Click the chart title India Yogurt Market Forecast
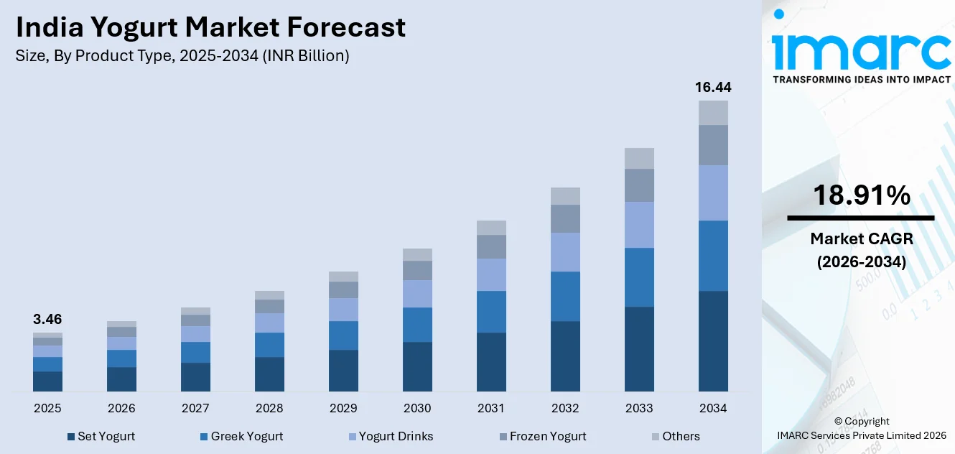click(x=210, y=27)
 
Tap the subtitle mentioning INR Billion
click(x=182, y=56)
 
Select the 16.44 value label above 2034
click(x=713, y=87)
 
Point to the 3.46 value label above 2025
click(x=47, y=319)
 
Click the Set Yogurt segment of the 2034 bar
click(x=713, y=341)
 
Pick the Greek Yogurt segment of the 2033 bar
click(x=639, y=277)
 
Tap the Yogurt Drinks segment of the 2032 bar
click(x=565, y=252)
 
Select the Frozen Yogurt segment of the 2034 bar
click(x=713, y=145)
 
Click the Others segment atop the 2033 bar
click(x=639, y=158)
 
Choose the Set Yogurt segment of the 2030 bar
click(x=417, y=366)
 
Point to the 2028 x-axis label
click(x=269, y=408)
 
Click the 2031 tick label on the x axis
click(x=491, y=408)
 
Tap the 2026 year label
click(x=121, y=408)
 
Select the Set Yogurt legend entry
click(x=101, y=436)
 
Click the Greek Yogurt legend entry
click(x=241, y=436)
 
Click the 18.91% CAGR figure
click(x=861, y=195)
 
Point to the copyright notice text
click(x=861, y=428)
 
